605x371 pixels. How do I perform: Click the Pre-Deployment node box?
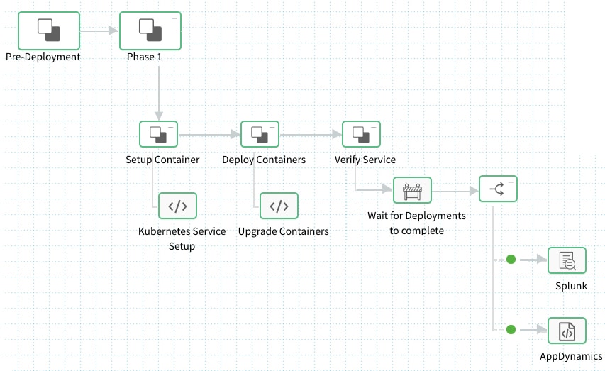(x=48, y=31)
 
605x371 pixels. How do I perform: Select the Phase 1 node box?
(x=150, y=31)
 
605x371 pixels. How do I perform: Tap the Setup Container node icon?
(x=158, y=134)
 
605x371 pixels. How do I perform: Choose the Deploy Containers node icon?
(x=260, y=134)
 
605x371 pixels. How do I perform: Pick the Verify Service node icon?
(x=361, y=134)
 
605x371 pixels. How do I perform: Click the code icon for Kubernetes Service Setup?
(x=177, y=206)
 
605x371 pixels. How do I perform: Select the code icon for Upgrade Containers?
(x=279, y=206)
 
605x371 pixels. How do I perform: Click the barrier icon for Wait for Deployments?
(x=412, y=190)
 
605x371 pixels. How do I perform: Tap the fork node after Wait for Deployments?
(x=498, y=189)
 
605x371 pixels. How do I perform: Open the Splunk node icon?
(x=567, y=260)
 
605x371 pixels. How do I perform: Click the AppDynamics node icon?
(x=567, y=331)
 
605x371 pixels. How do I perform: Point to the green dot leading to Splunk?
(x=511, y=260)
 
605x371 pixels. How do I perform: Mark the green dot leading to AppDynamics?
(x=511, y=330)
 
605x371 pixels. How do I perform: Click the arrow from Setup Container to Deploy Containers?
(x=209, y=134)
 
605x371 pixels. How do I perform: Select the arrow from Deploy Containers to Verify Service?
(x=311, y=134)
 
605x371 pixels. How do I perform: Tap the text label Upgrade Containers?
(x=283, y=231)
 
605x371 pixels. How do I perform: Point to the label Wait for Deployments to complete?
(x=416, y=223)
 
